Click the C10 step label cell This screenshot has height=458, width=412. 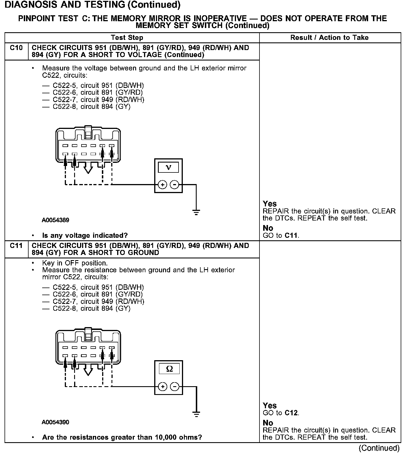(x=16, y=48)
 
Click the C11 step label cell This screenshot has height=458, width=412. (x=16, y=246)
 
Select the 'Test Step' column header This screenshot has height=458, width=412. (x=127, y=38)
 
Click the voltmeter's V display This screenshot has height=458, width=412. (x=168, y=168)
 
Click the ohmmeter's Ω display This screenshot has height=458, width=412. (x=169, y=369)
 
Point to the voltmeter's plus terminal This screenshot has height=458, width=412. (x=162, y=185)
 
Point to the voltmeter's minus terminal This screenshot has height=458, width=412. (x=175, y=185)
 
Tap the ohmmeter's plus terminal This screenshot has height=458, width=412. (x=162, y=386)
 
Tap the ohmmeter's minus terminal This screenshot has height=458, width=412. (x=175, y=386)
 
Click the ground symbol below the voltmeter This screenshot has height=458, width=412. (x=196, y=212)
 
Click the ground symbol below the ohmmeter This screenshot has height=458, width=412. (x=196, y=414)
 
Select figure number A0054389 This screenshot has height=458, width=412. (x=55, y=220)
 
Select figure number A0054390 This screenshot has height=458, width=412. (x=55, y=422)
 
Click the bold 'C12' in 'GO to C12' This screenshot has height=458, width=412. (x=291, y=413)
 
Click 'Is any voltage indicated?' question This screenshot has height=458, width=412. (x=85, y=236)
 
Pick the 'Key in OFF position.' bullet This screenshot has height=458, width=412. (x=75, y=263)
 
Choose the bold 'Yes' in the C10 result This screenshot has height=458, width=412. (x=270, y=204)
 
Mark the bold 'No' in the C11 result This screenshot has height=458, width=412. (x=268, y=423)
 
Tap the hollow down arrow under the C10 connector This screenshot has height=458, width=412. (x=88, y=169)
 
